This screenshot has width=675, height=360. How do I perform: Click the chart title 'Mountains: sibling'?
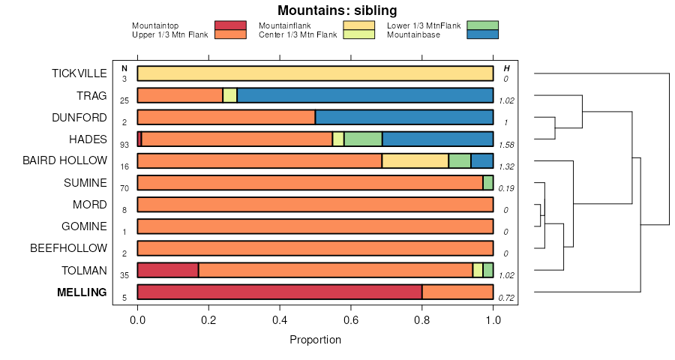(337, 10)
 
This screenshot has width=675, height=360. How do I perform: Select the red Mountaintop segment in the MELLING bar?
(279, 292)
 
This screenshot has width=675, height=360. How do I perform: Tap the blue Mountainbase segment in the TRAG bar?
(364, 95)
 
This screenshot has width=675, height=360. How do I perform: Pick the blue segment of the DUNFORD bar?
(403, 118)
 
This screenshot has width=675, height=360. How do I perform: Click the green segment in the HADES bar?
(363, 139)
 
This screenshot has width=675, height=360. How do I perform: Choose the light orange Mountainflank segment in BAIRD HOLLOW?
(415, 160)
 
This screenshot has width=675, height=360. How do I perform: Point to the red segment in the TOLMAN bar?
(168, 270)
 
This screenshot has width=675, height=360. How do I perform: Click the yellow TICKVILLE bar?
(315, 73)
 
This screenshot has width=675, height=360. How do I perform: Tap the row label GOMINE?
(83, 226)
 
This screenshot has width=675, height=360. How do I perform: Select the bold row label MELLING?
(82, 292)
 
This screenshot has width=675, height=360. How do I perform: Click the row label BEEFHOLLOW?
(68, 248)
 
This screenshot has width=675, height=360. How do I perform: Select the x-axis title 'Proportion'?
(315, 340)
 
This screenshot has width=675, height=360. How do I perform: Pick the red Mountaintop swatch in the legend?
(230, 25)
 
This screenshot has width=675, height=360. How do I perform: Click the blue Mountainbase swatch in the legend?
(482, 34)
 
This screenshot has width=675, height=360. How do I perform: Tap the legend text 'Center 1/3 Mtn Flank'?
(298, 34)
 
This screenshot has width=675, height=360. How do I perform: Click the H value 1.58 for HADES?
(506, 144)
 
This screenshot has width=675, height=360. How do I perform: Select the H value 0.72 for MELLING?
(506, 298)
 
